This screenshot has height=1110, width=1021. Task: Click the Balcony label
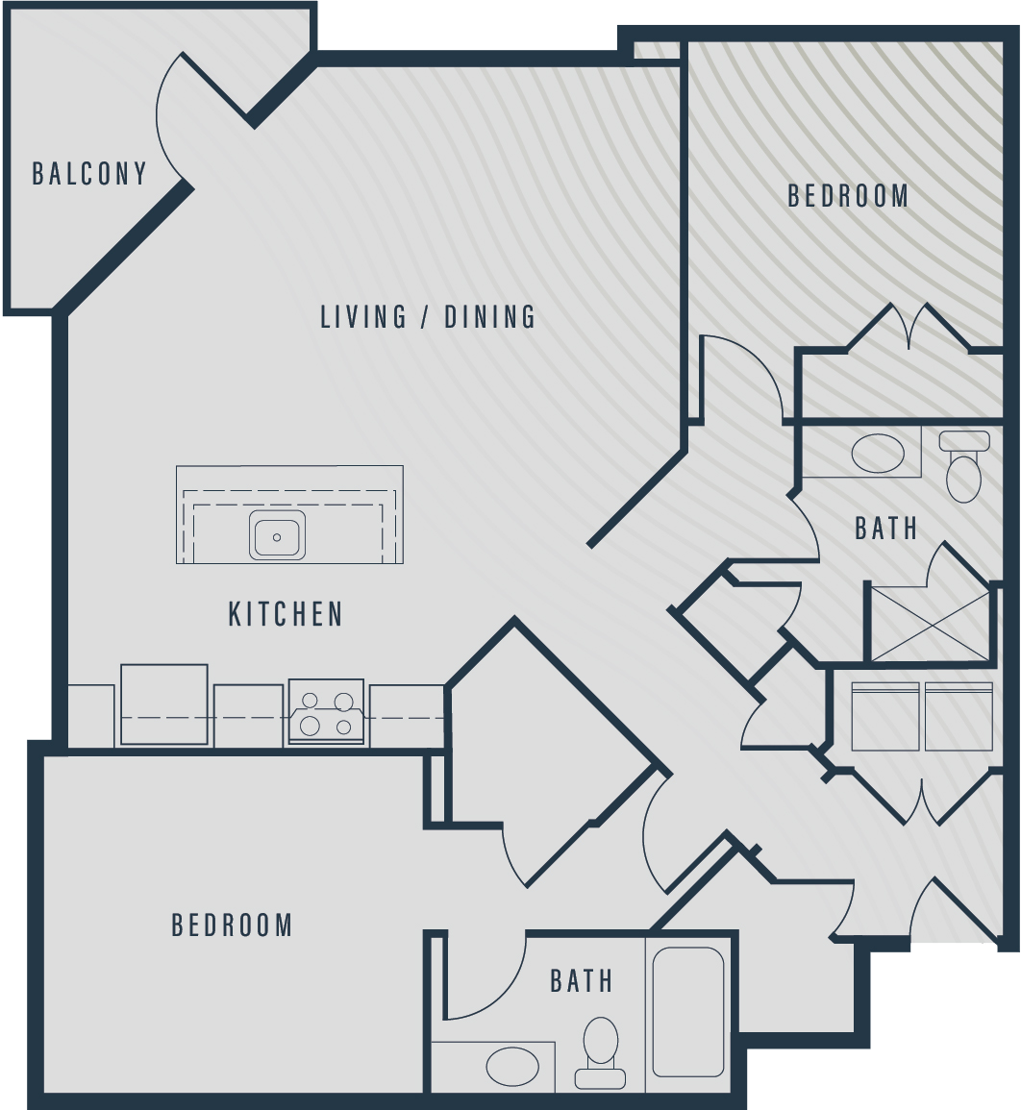[89, 173]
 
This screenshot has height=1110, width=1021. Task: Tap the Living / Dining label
[429, 316]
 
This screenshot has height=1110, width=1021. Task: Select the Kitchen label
[286, 614]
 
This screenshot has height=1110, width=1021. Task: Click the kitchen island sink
[277, 536]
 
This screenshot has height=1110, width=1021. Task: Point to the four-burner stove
[327, 712]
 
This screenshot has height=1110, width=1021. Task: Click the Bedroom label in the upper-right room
[848, 195]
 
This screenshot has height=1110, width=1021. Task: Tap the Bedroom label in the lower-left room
[232, 925]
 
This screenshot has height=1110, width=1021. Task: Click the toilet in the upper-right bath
[963, 466]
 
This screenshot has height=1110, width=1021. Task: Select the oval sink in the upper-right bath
[878, 454]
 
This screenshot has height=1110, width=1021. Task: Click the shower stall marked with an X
[930, 624]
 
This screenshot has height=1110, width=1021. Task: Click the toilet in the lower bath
[601, 1052]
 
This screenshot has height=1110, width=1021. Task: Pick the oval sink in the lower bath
[512, 1066]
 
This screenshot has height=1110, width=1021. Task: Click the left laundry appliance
[885, 716]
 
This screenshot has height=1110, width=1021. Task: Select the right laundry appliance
[959, 716]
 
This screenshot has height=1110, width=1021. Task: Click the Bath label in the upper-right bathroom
[885, 529]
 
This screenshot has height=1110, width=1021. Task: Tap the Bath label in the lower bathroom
[582, 980]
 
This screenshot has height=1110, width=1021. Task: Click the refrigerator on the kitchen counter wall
[164, 705]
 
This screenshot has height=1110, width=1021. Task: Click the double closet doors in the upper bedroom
[909, 326]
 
